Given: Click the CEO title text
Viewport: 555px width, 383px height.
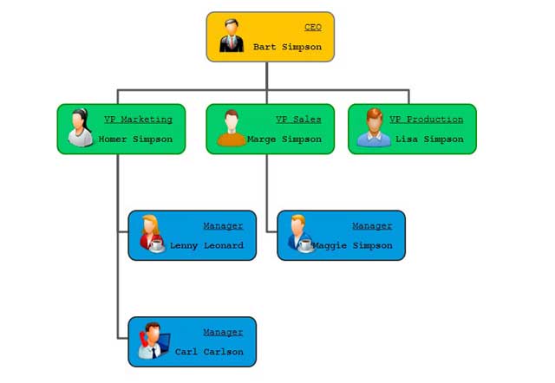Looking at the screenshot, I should click(x=313, y=28).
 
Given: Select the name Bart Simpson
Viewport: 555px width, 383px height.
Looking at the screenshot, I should click(x=287, y=47).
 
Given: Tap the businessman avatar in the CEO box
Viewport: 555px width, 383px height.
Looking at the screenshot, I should click(x=232, y=36).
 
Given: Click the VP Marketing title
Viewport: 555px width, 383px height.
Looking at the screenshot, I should click(x=138, y=120).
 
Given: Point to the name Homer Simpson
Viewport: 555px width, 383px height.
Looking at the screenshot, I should click(x=135, y=139).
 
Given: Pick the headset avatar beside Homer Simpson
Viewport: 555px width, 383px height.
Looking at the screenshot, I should click(x=80, y=128).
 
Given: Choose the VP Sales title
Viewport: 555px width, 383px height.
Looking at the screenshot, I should click(x=298, y=120).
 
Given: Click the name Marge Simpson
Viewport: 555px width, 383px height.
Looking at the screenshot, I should click(x=284, y=139).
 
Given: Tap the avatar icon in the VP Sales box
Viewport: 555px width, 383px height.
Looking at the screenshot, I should click(x=230, y=128).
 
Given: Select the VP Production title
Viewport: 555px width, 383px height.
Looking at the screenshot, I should click(x=426, y=120).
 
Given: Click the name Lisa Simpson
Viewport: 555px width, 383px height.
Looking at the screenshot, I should click(x=429, y=139).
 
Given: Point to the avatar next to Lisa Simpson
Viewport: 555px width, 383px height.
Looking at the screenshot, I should click(x=374, y=128).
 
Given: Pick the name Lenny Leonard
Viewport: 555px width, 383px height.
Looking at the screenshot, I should click(x=206, y=245).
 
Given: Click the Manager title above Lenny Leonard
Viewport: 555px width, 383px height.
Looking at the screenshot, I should click(x=223, y=226).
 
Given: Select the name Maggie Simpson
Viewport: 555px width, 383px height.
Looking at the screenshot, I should click(x=352, y=245).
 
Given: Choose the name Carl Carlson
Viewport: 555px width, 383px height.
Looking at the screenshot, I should click(x=209, y=352).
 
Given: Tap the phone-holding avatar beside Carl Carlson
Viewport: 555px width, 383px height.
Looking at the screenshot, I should click(x=151, y=341).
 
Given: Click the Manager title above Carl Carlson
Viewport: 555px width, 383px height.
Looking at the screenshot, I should click(x=223, y=333).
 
